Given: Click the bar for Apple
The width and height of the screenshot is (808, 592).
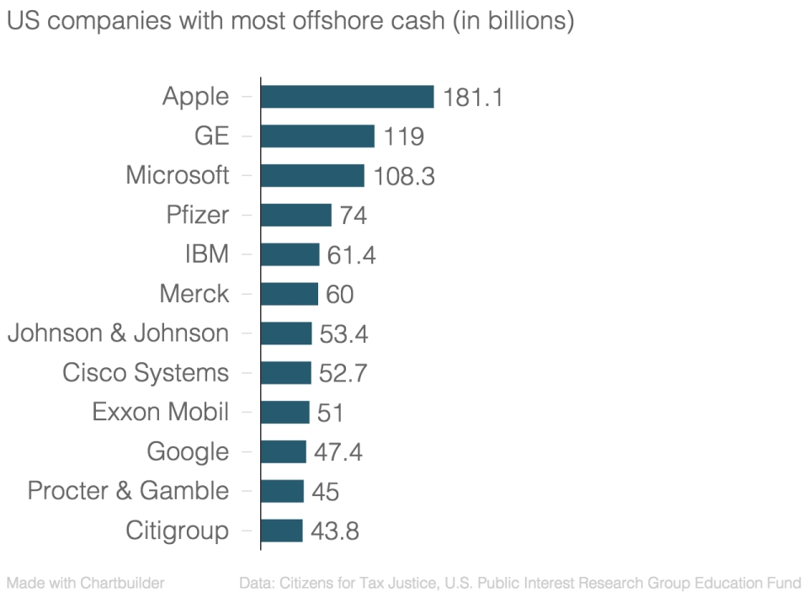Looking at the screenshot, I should pyautogui.click(x=347, y=97).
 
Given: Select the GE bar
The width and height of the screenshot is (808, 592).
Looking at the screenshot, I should pyautogui.click(x=317, y=136).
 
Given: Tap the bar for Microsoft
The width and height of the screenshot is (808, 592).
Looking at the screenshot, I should pyautogui.click(x=312, y=175).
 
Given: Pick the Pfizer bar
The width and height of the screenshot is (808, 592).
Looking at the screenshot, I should pyautogui.click(x=296, y=215).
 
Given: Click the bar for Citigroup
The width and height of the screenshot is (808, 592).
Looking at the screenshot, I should pyautogui.click(x=281, y=531).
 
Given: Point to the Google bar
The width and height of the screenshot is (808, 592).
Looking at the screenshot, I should pyautogui.click(x=283, y=451).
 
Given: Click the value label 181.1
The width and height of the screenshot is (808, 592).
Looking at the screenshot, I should pyautogui.click(x=472, y=98).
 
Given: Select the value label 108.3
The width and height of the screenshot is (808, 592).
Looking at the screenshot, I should pyautogui.click(x=404, y=176).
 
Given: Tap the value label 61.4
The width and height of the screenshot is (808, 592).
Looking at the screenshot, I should pyautogui.click(x=351, y=255).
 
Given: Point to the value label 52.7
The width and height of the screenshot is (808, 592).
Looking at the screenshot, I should pyautogui.click(x=343, y=373).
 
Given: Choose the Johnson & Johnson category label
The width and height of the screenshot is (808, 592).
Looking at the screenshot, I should pyautogui.click(x=118, y=333).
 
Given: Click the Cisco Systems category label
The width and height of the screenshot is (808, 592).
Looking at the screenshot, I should pyautogui.click(x=145, y=373).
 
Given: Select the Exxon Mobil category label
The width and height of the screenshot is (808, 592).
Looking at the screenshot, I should pyautogui.click(x=160, y=413).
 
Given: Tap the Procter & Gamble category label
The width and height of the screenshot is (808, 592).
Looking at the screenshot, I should pyautogui.click(x=128, y=491).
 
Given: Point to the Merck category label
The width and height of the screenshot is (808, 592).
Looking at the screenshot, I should pyautogui.click(x=194, y=294).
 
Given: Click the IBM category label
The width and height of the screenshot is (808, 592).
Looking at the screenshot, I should pyautogui.click(x=206, y=254).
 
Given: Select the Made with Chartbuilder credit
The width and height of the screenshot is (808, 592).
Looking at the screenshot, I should pyautogui.click(x=85, y=583).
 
